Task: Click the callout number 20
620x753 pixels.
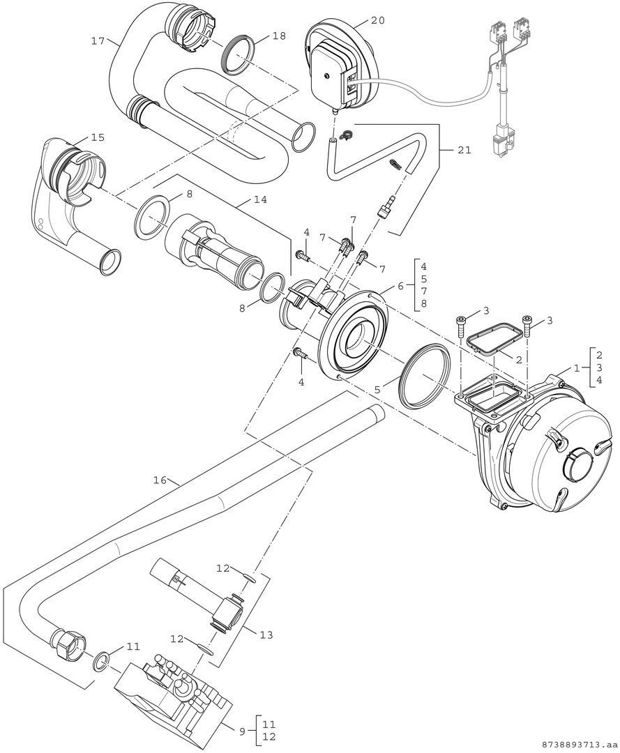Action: [377, 21]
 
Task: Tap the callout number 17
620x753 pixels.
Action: [98, 41]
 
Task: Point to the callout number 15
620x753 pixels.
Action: [98, 137]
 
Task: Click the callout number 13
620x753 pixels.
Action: [266, 634]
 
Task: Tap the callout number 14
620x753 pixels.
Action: [241, 199]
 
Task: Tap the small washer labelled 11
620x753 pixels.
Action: [102, 659]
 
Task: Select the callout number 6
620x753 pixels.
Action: [400, 285]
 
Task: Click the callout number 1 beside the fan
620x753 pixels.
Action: [576, 367]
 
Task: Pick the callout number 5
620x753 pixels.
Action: [377, 391]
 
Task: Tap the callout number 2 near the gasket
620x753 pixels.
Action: [518, 359]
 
